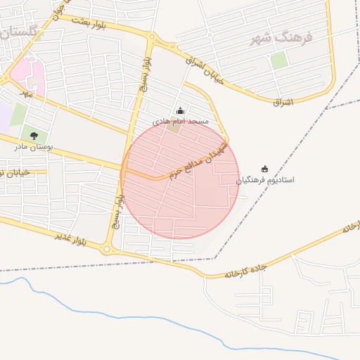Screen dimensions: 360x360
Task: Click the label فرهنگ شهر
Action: tap(281, 37)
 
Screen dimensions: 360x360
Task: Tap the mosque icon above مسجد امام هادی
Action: tap(180, 110)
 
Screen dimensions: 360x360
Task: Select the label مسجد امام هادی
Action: tap(181, 121)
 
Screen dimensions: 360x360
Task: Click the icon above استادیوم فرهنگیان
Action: tap(265, 168)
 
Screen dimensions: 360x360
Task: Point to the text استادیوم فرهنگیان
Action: tap(265, 179)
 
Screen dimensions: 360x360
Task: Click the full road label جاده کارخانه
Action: tap(248, 271)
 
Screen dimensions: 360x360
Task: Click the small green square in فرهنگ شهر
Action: tap(279, 60)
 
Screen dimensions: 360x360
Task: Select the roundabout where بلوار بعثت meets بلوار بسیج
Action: tap(150, 39)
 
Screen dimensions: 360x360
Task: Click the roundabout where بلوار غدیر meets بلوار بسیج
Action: tap(108, 248)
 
